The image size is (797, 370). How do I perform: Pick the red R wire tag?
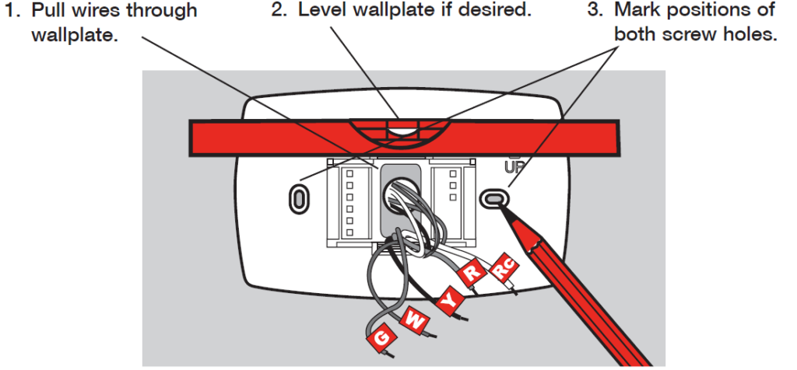pyautogui.click(x=472, y=273)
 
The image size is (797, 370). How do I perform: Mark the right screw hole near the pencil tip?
pyautogui.click(x=492, y=198)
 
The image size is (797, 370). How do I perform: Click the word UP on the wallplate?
pyautogui.click(x=513, y=167)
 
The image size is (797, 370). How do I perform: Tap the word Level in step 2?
pyautogui.click(x=321, y=11)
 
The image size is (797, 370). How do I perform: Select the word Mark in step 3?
pyautogui.click(x=637, y=11)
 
